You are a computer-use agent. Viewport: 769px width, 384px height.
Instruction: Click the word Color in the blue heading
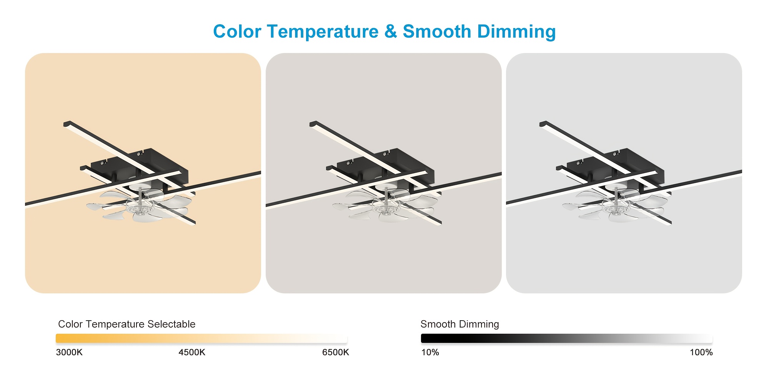[237, 31]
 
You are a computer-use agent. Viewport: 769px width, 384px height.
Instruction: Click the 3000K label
[69, 353]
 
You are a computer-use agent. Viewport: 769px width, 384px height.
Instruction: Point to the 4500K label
[192, 353]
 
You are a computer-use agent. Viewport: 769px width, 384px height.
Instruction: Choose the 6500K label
[336, 353]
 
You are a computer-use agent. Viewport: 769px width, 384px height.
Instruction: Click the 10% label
[430, 353]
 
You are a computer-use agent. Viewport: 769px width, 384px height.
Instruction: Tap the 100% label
[701, 353]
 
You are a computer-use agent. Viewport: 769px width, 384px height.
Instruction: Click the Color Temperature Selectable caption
[127, 324]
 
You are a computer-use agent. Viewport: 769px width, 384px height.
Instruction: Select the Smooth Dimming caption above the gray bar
[460, 324]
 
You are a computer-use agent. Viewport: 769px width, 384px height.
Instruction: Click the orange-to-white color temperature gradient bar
[201, 338]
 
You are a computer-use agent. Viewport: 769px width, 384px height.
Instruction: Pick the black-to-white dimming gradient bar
[567, 338]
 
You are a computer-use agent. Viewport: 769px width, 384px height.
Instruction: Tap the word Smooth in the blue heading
[437, 31]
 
